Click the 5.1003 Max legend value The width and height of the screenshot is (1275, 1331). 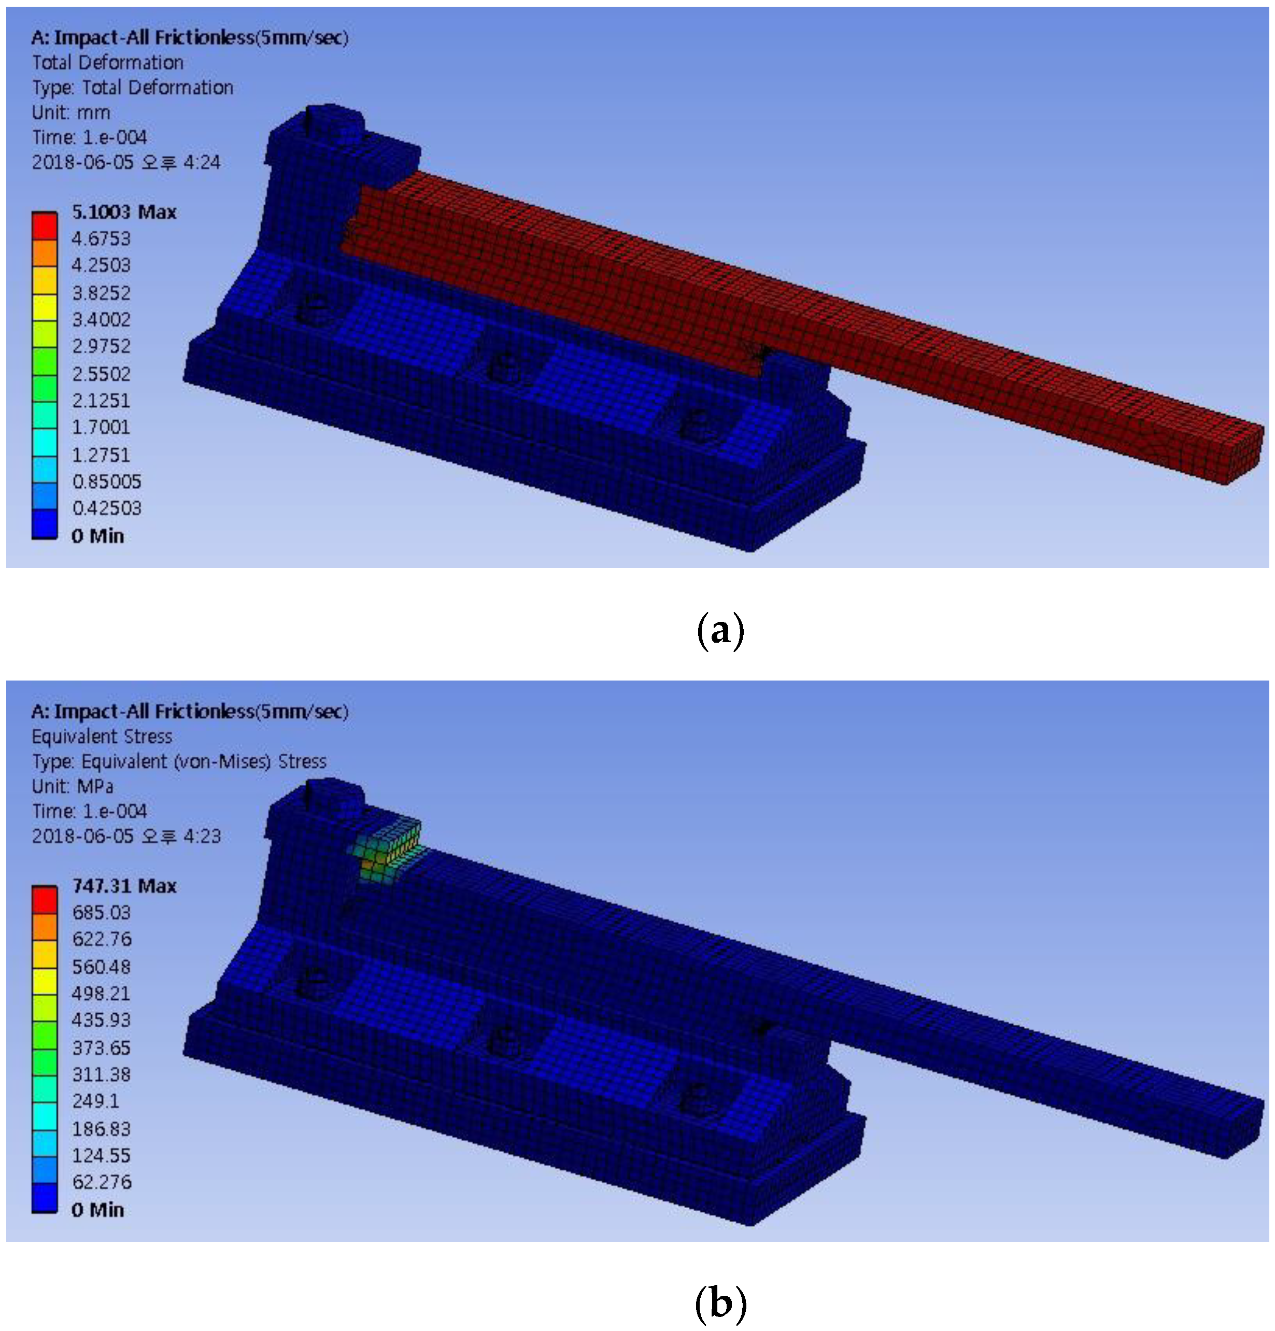point(124,212)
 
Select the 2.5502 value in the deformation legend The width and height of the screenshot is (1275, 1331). point(101,374)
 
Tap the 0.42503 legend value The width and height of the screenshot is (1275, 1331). point(107,508)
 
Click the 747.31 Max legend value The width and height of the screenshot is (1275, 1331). point(124,886)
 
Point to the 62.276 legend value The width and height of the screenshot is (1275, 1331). point(102,1182)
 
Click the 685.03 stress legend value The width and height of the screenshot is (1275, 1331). point(101,912)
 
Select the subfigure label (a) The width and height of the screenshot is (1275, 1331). point(720,631)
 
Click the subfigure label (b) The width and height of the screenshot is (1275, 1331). point(721,1304)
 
